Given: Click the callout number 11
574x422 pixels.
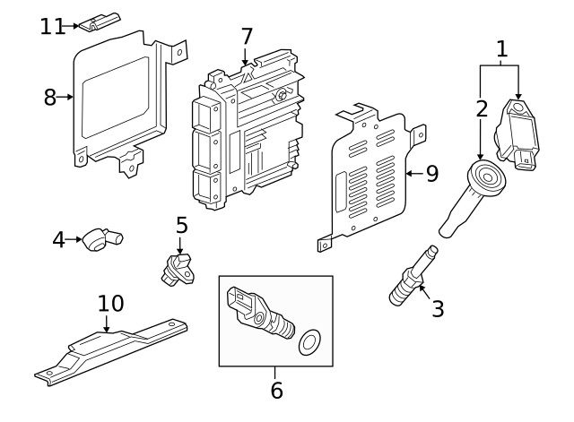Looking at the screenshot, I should [x=53, y=26].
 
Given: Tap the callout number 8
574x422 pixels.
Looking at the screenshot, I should [x=50, y=97].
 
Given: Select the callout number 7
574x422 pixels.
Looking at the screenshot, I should [x=247, y=37].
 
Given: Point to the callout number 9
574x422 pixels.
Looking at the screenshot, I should [x=431, y=173].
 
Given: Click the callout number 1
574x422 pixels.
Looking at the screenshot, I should [x=502, y=48].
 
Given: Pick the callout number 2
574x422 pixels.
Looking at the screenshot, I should [x=482, y=109].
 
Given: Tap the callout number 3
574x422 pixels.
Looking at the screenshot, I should [x=437, y=309].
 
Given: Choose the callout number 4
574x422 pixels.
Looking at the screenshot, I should [x=59, y=239].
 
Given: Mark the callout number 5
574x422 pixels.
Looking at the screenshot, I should [x=180, y=224].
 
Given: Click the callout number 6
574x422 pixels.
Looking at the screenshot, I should [x=276, y=390].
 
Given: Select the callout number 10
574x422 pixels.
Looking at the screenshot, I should [x=110, y=304].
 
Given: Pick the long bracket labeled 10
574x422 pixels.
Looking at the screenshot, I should [x=117, y=348].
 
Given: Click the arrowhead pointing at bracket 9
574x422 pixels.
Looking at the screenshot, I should [x=408, y=173].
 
